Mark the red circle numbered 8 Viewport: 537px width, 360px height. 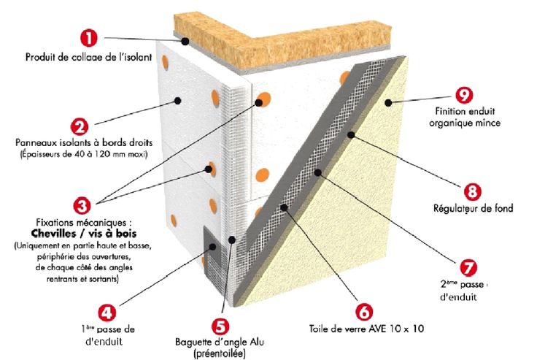(472, 192)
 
